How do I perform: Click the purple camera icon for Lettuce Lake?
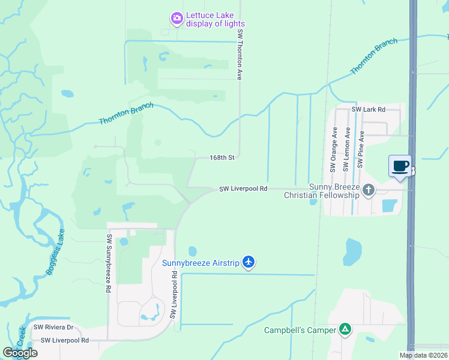[x=176, y=19]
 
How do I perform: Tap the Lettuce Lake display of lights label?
[x=215, y=19]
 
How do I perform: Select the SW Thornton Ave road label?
[x=240, y=55]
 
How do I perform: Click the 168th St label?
[x=221, y=158]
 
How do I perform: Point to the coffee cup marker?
[x=400, y=166]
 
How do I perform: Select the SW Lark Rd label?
[x=368, y=110]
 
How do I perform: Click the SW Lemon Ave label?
[x=347, y=148]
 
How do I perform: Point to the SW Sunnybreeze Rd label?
[x=109, y=263]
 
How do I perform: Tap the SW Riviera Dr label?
[x=53, y=327]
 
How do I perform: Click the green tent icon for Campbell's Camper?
[x=345, y=329]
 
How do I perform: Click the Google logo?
[x=20, y=353]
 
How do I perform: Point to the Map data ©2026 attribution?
[x=424, y=355]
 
